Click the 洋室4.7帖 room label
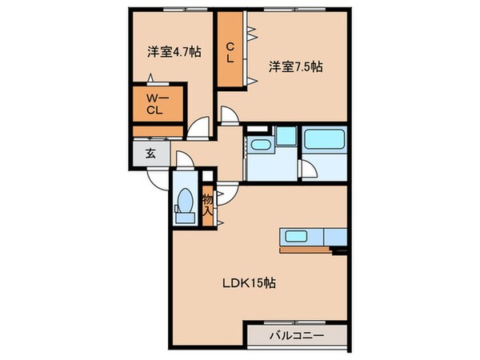coord(173,52)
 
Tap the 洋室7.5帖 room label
coord(295,68)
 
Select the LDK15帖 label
coord(254,282)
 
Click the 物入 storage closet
coord(207,206)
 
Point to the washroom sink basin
coord(259,145)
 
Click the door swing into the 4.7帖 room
coord(198,128)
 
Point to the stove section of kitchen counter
coord(330,236)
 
